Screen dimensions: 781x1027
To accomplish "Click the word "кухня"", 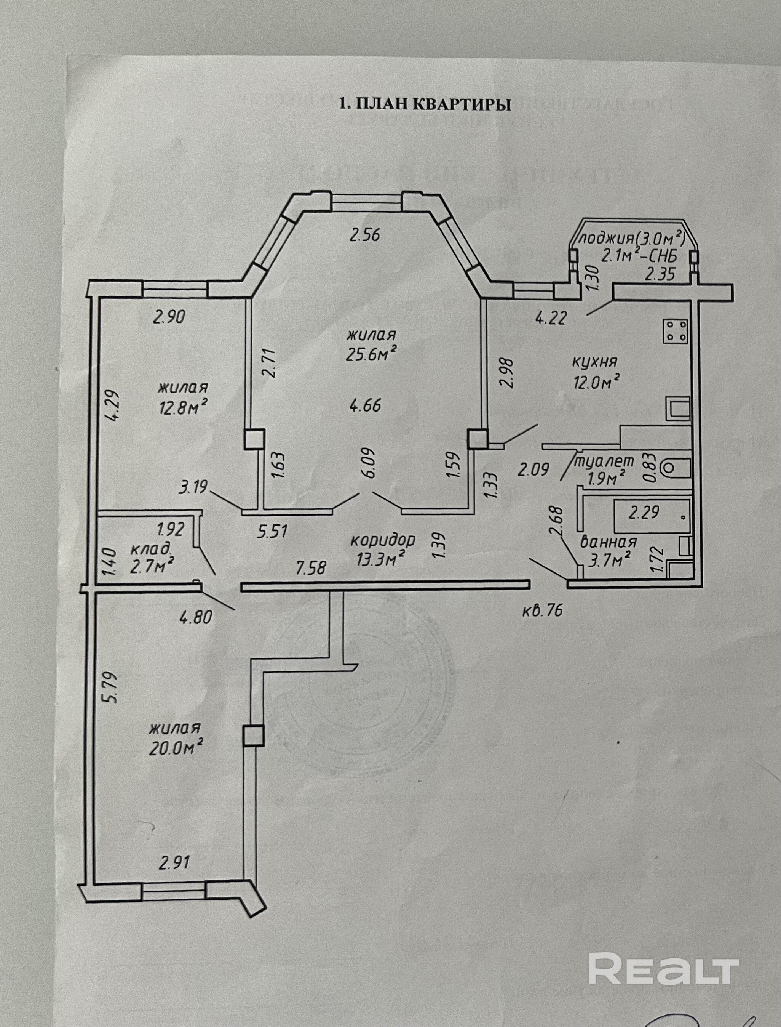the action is tap(594, 361).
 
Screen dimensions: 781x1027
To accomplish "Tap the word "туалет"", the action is tap(604, 461).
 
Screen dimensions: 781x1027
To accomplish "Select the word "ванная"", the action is tap(608, 542).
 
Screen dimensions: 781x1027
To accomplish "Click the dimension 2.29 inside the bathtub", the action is tap(644, 513).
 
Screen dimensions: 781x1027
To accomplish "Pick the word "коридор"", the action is tap(382, 540).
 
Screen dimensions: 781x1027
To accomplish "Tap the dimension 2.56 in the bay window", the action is tap(364, 235).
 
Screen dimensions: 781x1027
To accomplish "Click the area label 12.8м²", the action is tap(183, 408).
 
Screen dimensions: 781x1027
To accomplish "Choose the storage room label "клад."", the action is tap(150, 549).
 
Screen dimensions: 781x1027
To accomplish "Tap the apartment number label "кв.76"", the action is tap(541, 610).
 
